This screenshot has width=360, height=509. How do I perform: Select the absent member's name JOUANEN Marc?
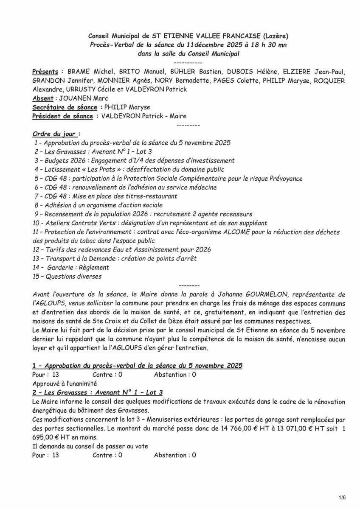(78, 98)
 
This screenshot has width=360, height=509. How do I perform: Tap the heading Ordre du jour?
(55, 134)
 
